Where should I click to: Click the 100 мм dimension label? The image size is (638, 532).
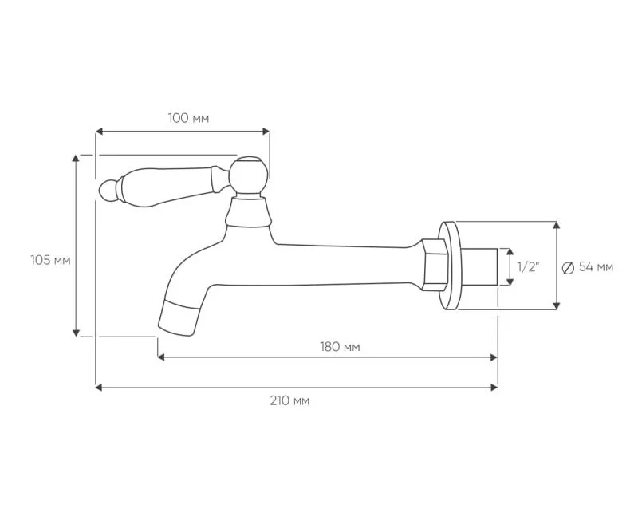click(x=188, y=118)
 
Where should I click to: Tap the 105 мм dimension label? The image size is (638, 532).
click(x=50, y=260)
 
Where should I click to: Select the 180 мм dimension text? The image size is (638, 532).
click(x=340, y=347)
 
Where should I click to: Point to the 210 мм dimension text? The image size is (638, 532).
click(x=289, y=400)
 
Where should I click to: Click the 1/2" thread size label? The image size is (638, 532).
click(x=528, y=267)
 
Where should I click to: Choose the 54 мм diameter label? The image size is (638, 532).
click(x=596, y=267)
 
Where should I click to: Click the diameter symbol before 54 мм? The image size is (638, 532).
click(x=568, y=268)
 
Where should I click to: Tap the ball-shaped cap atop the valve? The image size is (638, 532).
click(x=248, y=174)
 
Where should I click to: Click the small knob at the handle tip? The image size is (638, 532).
click(x=107, y=190)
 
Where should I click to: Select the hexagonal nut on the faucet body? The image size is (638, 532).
click(x=435, y=265)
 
